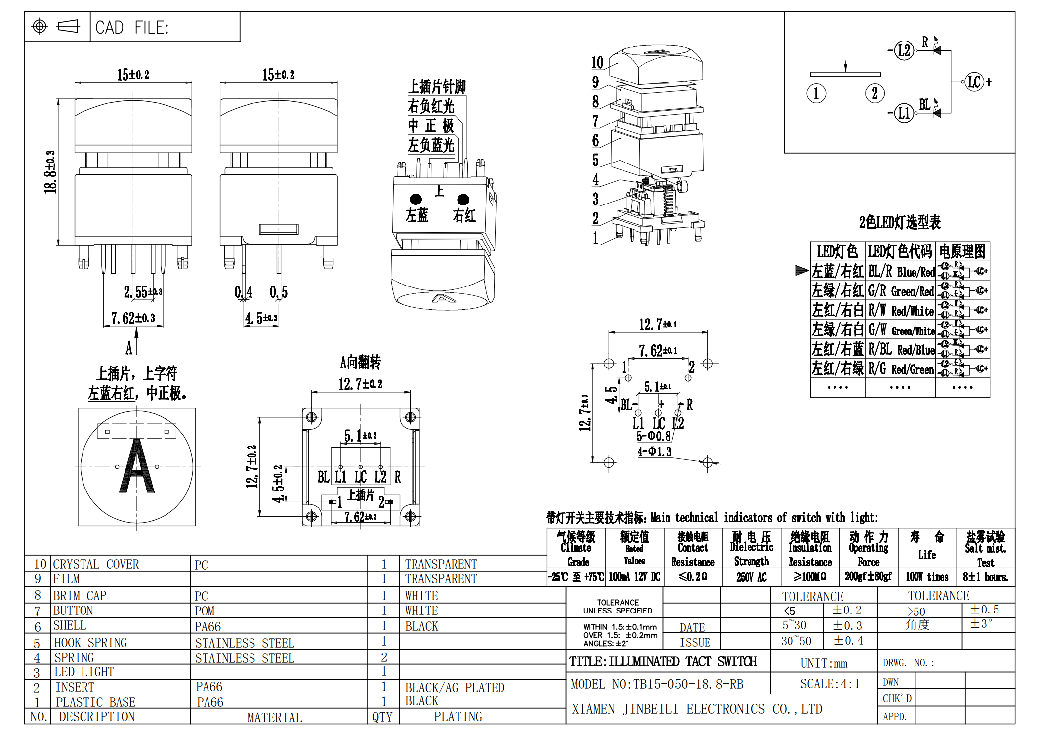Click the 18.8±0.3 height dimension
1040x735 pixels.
[50, 172]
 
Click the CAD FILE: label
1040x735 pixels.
[132, 28]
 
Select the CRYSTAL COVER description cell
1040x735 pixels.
[96, 564]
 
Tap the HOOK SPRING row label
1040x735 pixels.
[90, 642]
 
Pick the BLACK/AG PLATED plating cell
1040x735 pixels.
[455, 687]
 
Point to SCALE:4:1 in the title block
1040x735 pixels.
[830, 684]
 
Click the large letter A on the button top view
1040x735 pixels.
[137, 467]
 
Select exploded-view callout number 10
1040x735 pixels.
[597, 63]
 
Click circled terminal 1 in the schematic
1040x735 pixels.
[816, 93]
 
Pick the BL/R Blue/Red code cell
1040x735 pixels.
[901, 271]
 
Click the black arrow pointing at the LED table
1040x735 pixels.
[801, 270]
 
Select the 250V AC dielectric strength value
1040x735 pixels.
[751, 577]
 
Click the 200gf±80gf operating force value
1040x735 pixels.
[868, 576]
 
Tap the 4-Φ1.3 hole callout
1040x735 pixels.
[654, 451]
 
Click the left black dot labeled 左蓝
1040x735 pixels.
[416, 199]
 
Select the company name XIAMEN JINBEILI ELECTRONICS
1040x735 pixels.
[697, 709]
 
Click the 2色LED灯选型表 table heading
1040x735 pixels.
[899, 222]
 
